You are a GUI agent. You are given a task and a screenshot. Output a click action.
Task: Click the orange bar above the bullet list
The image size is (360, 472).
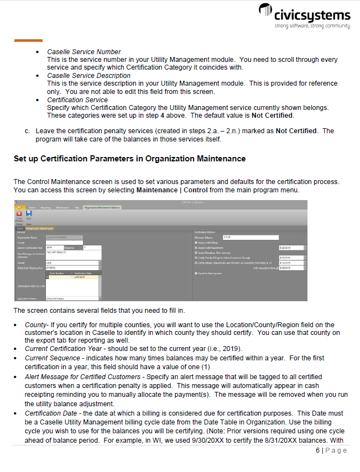[28, 40]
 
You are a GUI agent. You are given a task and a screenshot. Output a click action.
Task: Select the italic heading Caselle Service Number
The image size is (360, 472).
[84, 52]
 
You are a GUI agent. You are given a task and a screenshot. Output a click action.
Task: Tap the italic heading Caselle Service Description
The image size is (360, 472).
[88, 76]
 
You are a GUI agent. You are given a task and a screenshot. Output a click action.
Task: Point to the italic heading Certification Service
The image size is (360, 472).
[77, 100]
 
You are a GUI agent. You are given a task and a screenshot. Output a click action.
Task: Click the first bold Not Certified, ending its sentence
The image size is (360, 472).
[272, 116]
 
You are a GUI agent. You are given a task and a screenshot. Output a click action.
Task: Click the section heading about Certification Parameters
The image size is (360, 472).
[129, 159]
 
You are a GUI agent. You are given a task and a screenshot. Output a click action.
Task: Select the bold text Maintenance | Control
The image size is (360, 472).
[172, 190]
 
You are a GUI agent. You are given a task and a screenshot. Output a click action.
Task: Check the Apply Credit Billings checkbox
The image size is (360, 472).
[196, 242]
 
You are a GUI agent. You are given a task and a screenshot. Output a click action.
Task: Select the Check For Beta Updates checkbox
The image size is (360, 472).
[196, 273]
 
